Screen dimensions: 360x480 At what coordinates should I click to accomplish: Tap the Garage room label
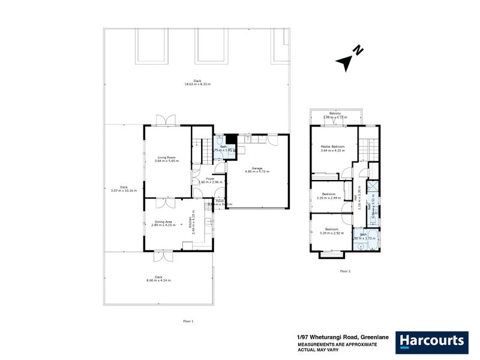(x=257, y=169)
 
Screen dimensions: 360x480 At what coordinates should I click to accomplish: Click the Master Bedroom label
(x=332, y=148)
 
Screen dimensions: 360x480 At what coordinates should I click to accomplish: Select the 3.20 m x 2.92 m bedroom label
(x=331, y=230)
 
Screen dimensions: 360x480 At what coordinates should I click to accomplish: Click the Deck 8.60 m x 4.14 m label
(x=158, y=278)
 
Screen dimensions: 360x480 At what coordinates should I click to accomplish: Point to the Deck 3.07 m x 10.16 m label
(x=124, y=188)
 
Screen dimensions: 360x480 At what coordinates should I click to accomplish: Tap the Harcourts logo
(x=431, y=341)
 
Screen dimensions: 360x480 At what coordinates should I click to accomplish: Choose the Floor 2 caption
(x=345, y=271)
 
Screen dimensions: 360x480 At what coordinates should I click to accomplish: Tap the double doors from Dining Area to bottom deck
(x=162, y=256)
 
